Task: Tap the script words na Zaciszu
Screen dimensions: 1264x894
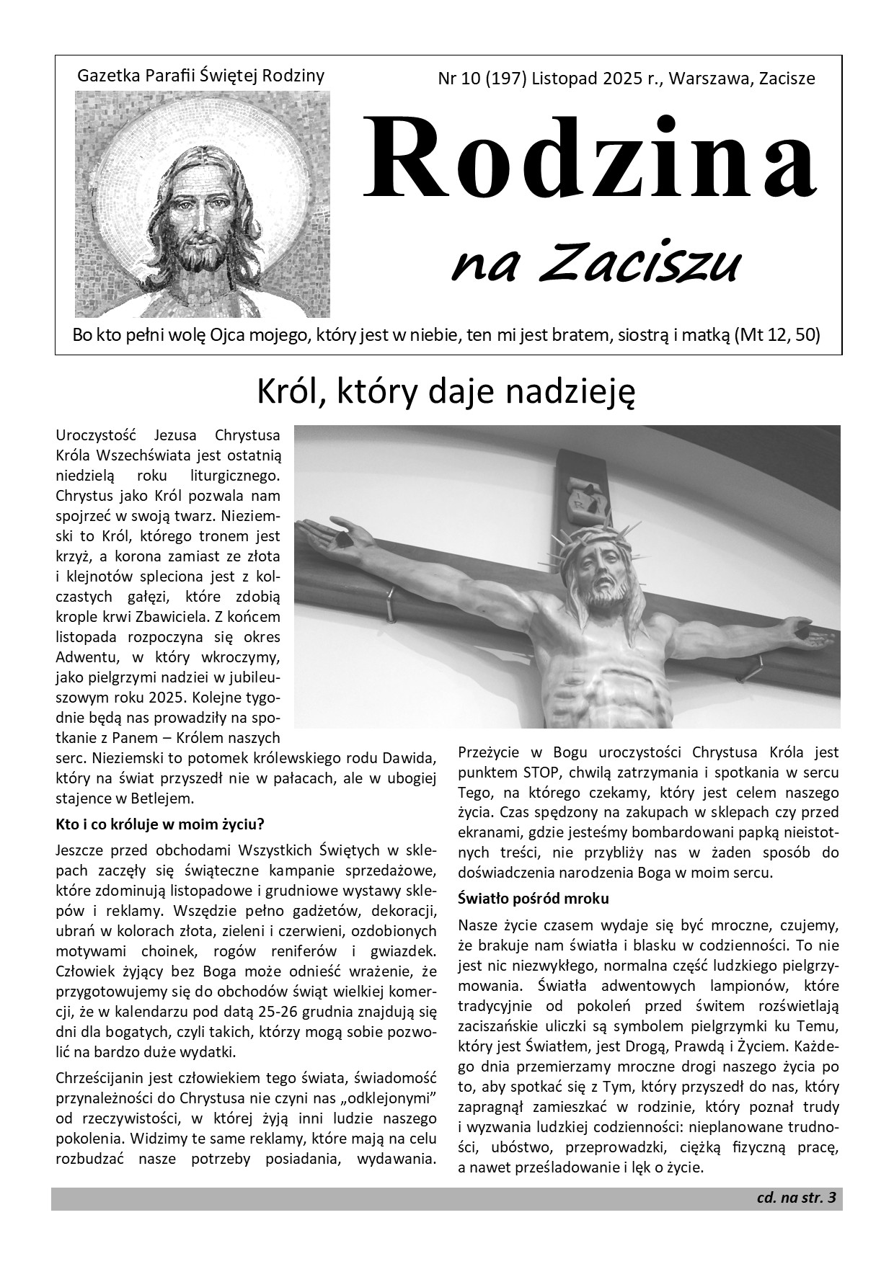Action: pos(596,263)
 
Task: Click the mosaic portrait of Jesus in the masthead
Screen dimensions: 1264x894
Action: pos(203,204)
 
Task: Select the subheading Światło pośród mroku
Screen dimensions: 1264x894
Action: pos(534,899)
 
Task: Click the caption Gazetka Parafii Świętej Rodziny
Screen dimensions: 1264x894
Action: pos(200,75)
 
